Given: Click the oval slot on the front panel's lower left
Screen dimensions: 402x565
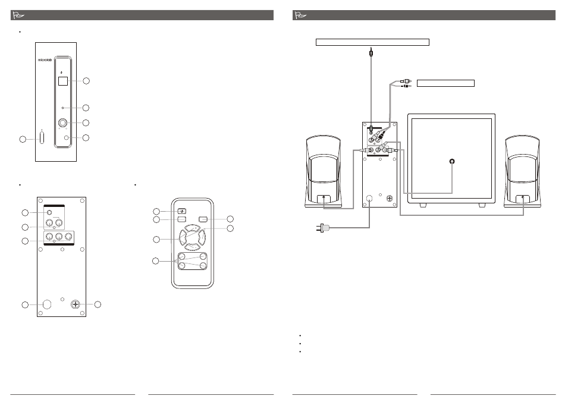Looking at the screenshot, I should [42, 137].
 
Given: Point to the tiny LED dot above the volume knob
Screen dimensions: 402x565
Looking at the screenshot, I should [62, 108].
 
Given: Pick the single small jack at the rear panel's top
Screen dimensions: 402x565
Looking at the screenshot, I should [50, 212].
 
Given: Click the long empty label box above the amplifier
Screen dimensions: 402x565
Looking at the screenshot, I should [372, 42].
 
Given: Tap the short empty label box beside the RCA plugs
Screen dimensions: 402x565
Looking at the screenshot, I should [445, 82].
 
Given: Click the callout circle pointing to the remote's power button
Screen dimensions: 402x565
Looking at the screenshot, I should [156, 211].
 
